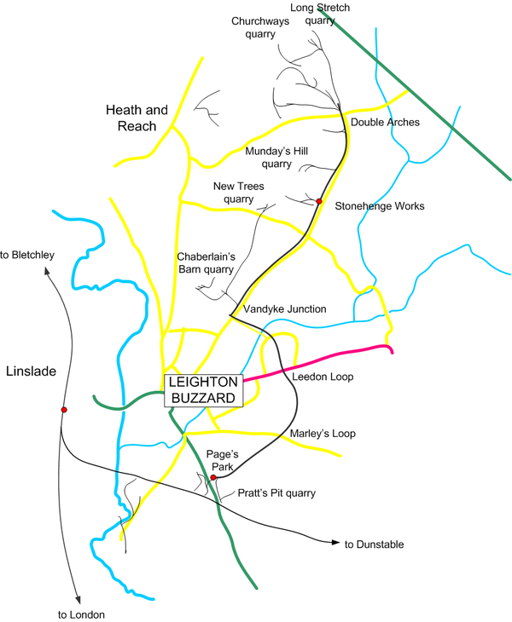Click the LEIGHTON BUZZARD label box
point(204,390)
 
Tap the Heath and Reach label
point(131,118)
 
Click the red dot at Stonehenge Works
point(318,202)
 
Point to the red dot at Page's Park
point(213,478)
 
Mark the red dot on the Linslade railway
point(63,410)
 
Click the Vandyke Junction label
point(284,308)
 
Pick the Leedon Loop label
point(323,376)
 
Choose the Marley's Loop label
point(322,434)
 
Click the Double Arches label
point(385,123)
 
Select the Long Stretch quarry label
point(320,14)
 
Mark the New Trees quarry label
point(234,192)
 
